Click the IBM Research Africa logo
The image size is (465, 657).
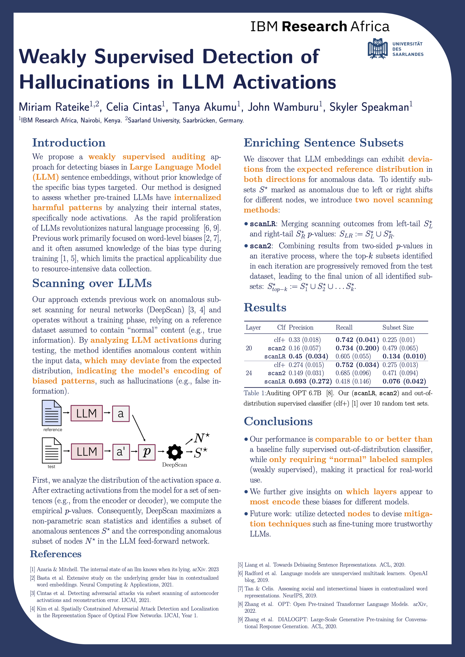click(x=320, y=26)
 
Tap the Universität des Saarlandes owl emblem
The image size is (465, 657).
click(x=378, y=49)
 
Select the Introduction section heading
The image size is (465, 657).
click(x=69, y=143)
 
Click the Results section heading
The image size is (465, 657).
click(x=265, y=307)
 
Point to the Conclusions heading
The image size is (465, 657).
click(x=278, y=421)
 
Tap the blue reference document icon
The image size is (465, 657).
click(x=52, y=413)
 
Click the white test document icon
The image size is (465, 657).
click(x=52, y=450)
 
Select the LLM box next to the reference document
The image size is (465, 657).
click(x=87, y=413)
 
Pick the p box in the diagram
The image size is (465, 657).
click(x=147, y=452)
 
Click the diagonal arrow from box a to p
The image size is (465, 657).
click(x=139, y=428)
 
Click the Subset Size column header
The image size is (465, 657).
click(x=398, y=327)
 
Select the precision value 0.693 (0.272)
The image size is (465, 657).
click(x=310, y=381)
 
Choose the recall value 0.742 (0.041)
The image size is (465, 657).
click(x=357, y=340)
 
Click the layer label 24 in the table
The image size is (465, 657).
click(x=249, y=373)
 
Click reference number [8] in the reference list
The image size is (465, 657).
click(x=241, y=604)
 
